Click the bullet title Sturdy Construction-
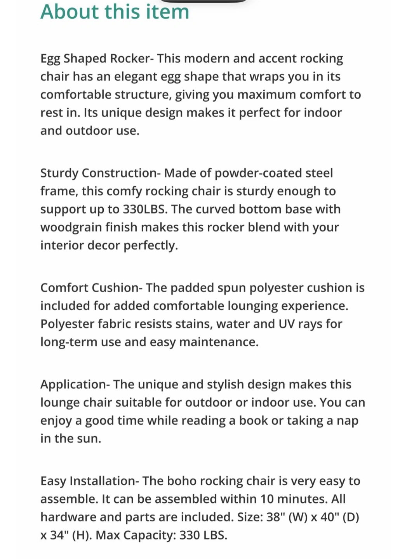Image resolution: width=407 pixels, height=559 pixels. pyautogui.click(x=100, y=173)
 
